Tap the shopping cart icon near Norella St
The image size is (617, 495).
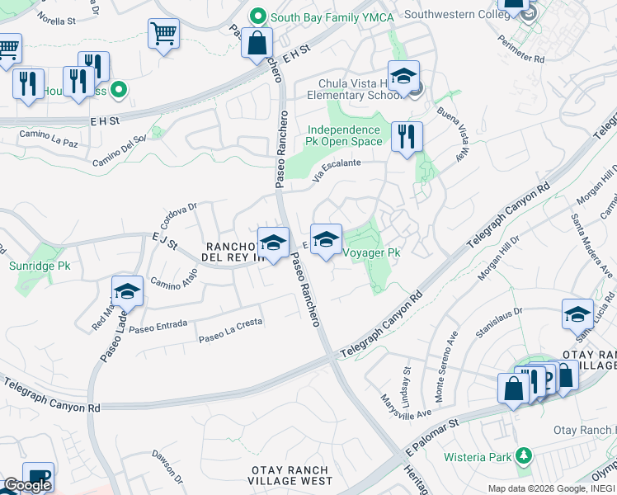pyautogui.click(x=163, y=35)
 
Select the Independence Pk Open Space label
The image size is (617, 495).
pyautogui.click(x=346, y=135)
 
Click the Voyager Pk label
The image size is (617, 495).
pyautogui.click(x=371, y=252)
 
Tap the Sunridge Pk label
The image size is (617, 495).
pyautogui.click(x=40, y=266)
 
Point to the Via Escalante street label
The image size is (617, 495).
pyautogui.click(x=337, y=169)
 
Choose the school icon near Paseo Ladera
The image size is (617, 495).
pyautogui.click(x=128, y=291)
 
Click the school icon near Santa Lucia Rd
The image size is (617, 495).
pyautogui.click(x=577, y=314)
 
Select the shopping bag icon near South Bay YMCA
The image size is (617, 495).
pyautogui.click(x=257, y=43)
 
